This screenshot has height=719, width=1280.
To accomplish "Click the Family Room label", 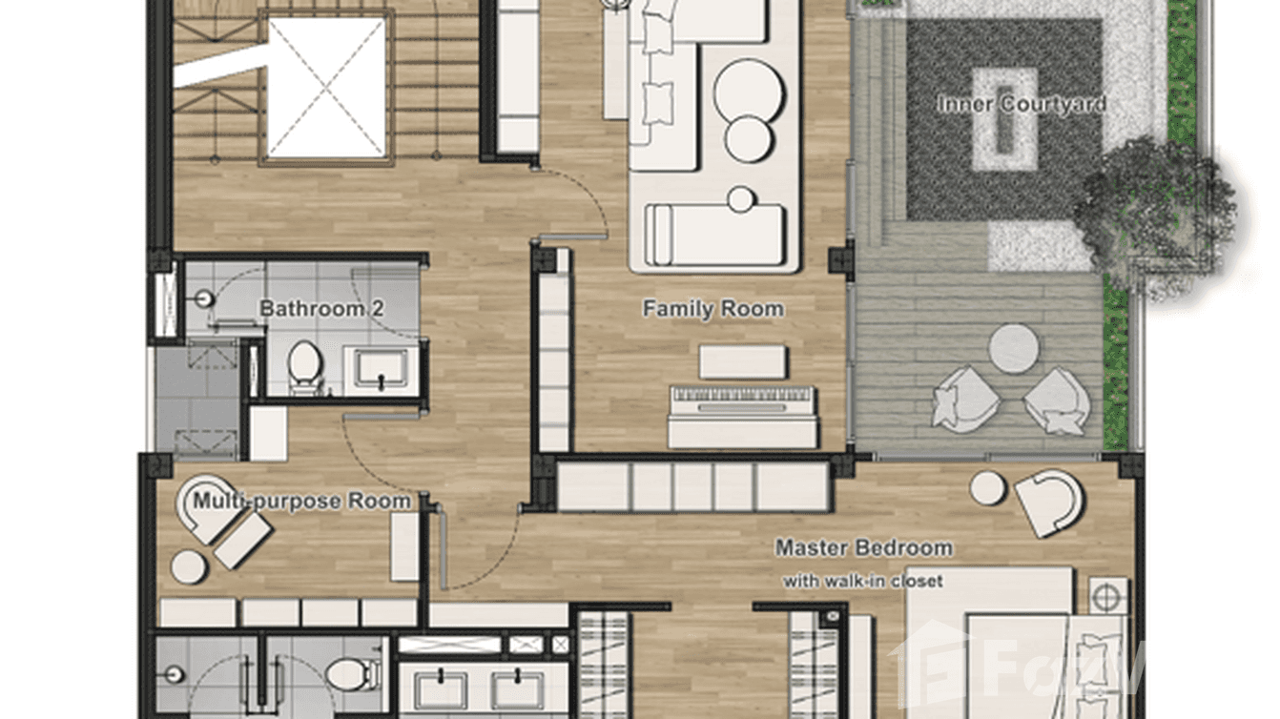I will (712, 309).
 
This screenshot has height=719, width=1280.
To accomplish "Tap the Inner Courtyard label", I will (1021, 104).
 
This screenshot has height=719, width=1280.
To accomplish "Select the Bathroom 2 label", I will (311, 309).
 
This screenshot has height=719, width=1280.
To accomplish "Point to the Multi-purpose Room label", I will (302, 502).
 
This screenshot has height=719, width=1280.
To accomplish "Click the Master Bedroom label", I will (863, 548).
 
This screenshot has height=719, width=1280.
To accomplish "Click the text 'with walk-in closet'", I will (862, 581).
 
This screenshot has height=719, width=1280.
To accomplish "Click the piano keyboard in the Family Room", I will (742, 398).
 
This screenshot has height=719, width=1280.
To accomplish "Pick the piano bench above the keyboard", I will (742, 362).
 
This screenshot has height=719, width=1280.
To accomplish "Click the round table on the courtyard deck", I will (1013, 348).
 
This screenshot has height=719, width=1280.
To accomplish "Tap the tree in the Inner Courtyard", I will (1154, 210).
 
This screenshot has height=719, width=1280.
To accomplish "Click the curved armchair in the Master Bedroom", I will (1049, 501).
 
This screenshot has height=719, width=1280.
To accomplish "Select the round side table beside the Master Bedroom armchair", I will (987, 487).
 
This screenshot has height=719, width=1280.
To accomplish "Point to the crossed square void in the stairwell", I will (327, 88).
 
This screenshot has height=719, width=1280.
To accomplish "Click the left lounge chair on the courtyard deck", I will (965, 397).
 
